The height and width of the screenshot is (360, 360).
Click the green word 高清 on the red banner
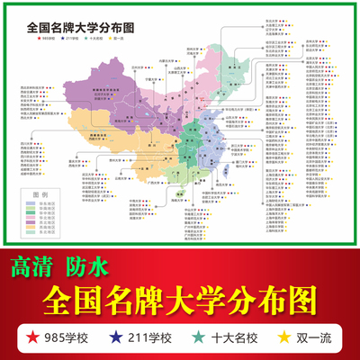[33, 266]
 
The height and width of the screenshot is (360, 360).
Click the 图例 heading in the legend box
[39, 193]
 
